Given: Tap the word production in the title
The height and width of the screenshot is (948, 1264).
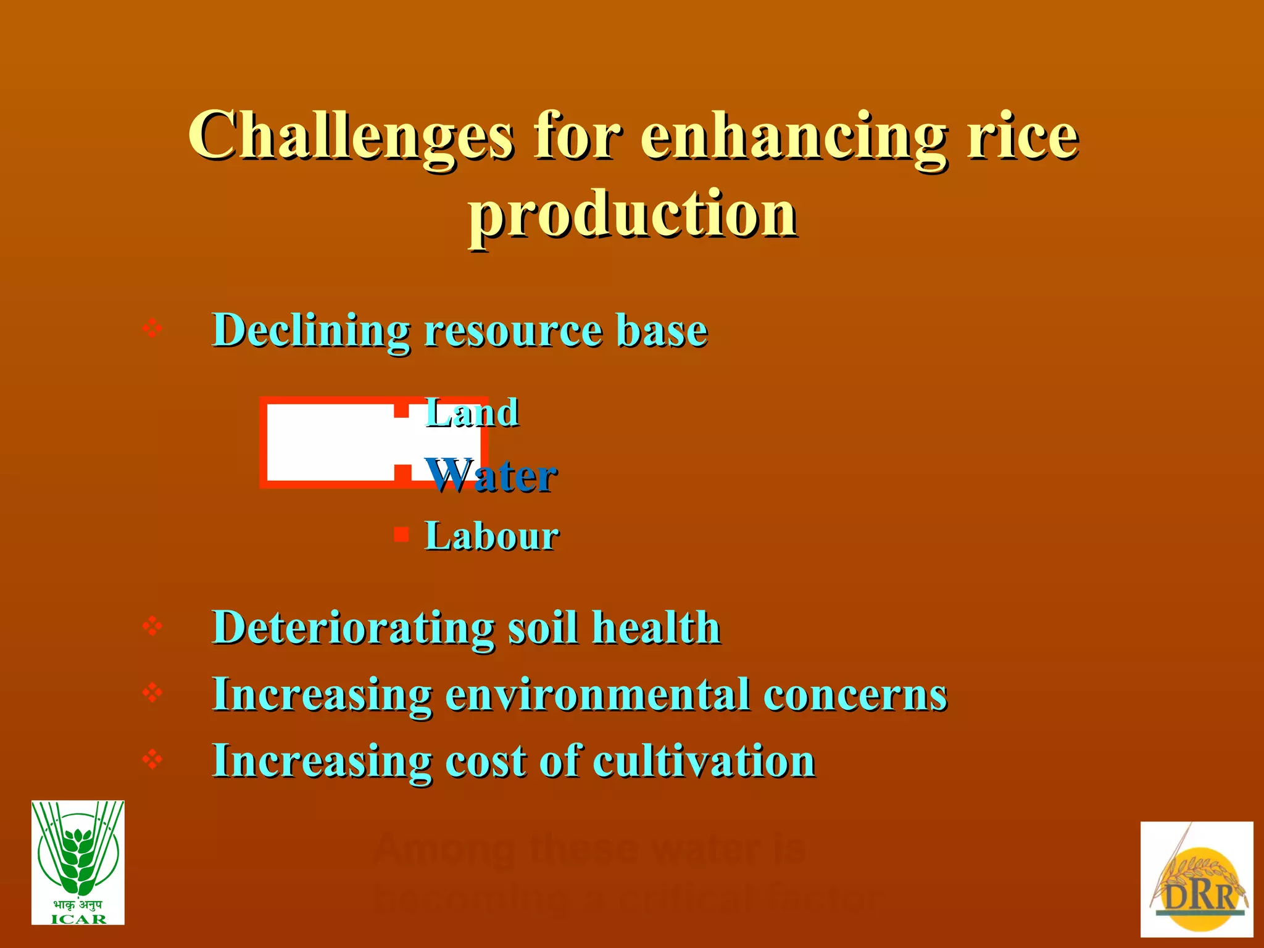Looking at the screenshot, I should pyautogui.click(x=633, y=214).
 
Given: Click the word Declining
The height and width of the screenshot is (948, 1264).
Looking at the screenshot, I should pyautogui.click(x=311, y=330).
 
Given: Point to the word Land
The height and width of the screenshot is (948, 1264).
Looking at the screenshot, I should pyautogui.click(x=472, y=412).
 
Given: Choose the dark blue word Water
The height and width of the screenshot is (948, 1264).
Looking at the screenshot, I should pyautogui.click(x=492, y=476).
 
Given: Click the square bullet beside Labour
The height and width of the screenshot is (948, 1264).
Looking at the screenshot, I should pyautogui.click(x=401, y=534).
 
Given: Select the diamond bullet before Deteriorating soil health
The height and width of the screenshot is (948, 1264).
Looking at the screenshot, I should pyautogui.click(x=152, y=626).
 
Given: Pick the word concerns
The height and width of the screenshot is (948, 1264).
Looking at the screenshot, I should pyautogui.click(x=855, y=694).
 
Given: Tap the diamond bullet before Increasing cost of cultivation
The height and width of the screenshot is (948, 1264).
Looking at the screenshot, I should pyautogui.click(x=152, y=759).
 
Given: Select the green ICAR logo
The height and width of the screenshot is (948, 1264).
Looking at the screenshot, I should pyautogui.click(x=78, y=862).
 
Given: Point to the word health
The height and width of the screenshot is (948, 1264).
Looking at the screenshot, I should pyautogui.click(x=656, y=628).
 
